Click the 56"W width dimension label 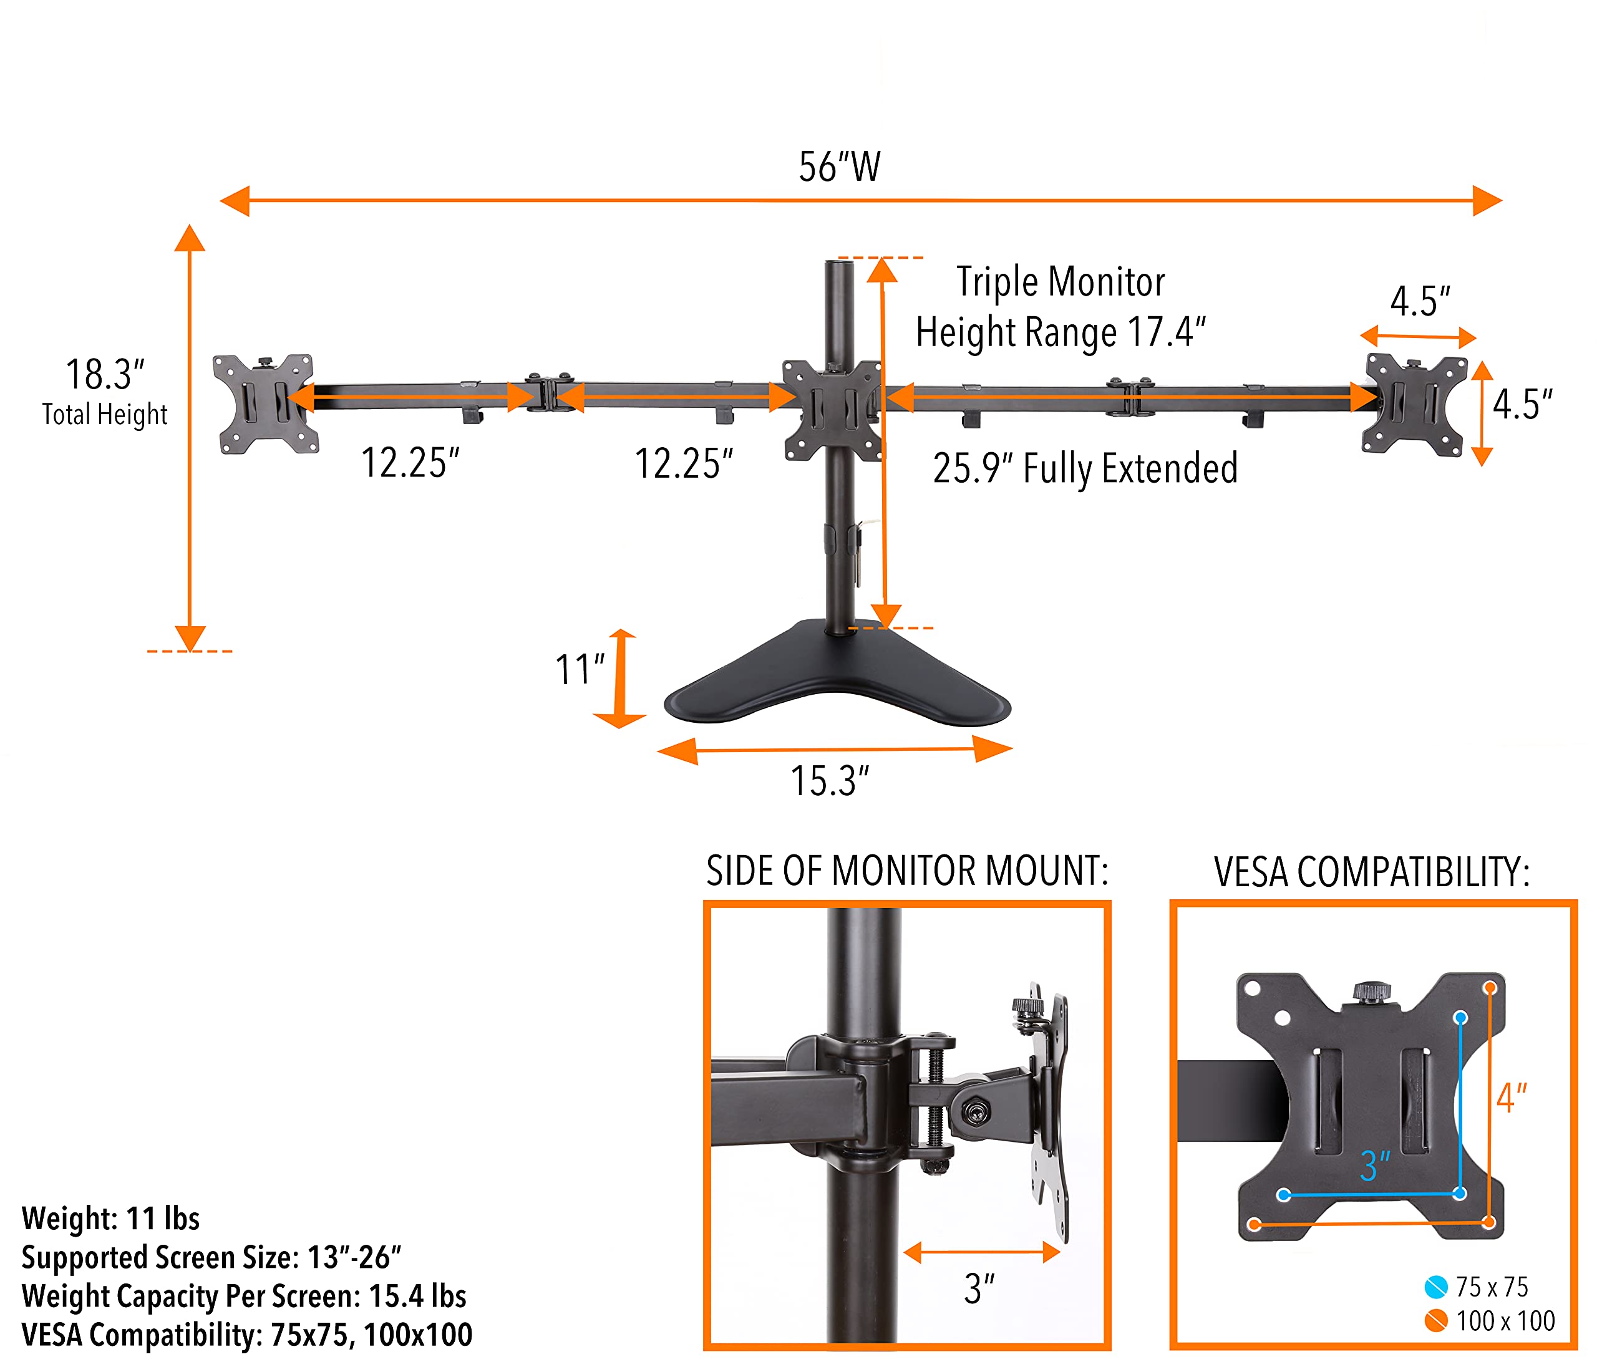tap(838, 167)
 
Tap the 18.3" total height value tap(105, 375)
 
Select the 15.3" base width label tap(829, 781)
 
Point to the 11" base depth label tap(580, 669)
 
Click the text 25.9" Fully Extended tap(1085, 468)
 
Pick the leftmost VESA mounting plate tap(265, 403)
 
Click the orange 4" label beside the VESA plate tap(1511, 1098)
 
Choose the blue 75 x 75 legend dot tap(1436, 1287)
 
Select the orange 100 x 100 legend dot tap(1436, 1321)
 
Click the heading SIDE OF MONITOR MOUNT tap(906, 871)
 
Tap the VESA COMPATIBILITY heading tap(1372, 872)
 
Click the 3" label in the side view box tap(979, 1288)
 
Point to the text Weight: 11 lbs tap(111, 1219)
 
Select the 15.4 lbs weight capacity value tap(417, 1295)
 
